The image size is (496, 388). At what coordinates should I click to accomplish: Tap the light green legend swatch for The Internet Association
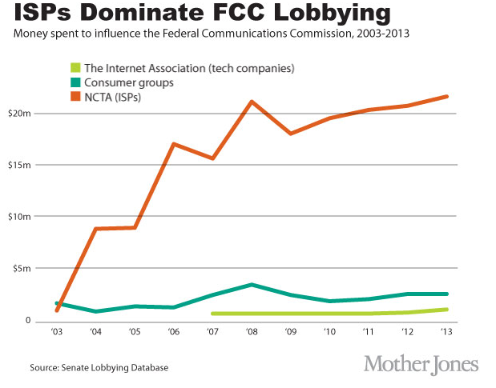pyautogui.click(x=76, y=66)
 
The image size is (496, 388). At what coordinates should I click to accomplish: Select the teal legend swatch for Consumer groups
pyautogui.click(x=76, y=81)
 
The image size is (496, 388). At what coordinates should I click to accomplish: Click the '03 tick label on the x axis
pyautogui.click(x=57, y=331)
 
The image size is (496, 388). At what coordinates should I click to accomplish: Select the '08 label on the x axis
pyautogui.click(x=252, y=331)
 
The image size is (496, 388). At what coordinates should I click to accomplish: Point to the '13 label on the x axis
pyautogui.click(x=446, y=331)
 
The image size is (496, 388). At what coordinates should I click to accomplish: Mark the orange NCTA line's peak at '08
pyautogui.click(x=252, y=102)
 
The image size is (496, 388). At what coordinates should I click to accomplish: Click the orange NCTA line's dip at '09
pyautogui.click(x=290, y=134)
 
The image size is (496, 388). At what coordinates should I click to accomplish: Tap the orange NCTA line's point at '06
pyautogui.click(x=174, y=144)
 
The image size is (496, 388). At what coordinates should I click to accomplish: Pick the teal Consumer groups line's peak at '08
pyautogui.click(x=252, y=285)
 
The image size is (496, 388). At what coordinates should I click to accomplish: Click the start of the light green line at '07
pyautogui.click(x=213, y=314)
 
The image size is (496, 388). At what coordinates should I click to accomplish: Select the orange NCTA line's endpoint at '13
pyautogui.click(x=446, y=97)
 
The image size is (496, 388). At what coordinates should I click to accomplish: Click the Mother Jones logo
pyautogui.click(x=421, y=364)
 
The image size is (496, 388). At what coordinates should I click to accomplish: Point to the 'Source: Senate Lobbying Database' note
pyautogui.click(x=100, y=368)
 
